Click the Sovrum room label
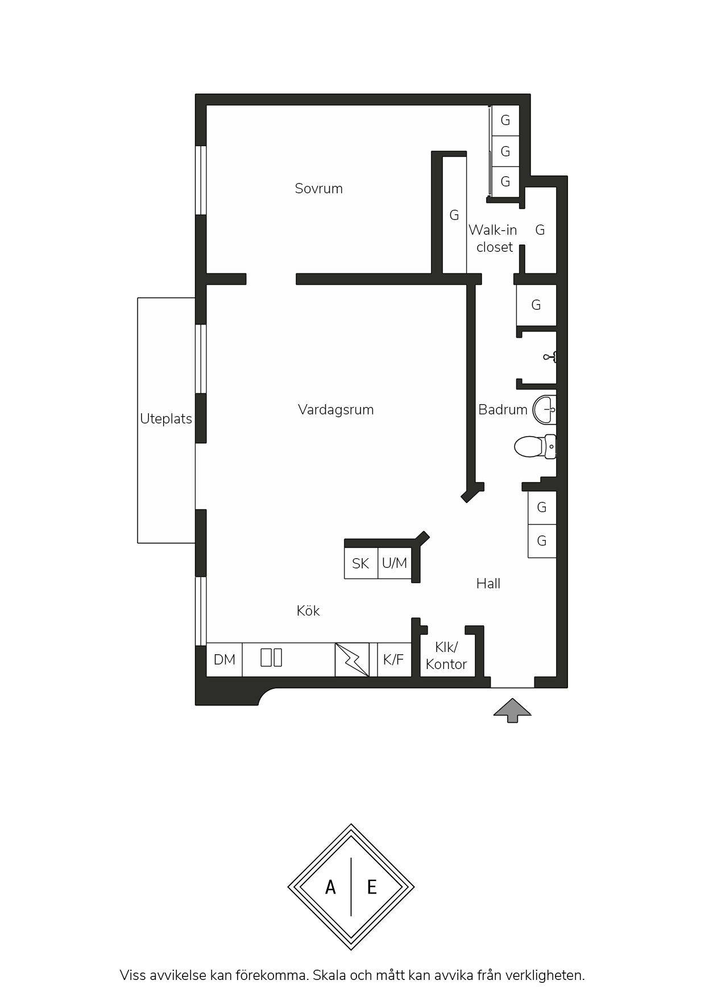(x=318, y=188)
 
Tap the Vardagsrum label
(x=335, y=410)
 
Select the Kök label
(x=308, y=610)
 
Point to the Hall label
(x=488, y=583)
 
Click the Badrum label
(x=503, y=409)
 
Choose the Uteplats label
(x=166, y=419)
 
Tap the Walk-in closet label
(x=493, y=238)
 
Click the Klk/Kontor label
(x=446, y=655)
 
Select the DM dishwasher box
(x=224, y=659)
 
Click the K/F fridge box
(x=394, y=659)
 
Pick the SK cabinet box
(x=361, y=563)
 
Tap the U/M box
(x=395, y=563)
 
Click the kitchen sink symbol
(x=271, y=658)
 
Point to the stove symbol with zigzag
(x=352, y=659)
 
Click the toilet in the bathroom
(x=535, y=446)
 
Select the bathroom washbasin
(x=544, y=409)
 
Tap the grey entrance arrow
(x=512, y=711)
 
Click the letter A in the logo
(x=330, y=887)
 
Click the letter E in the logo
(x=372, y=887)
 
